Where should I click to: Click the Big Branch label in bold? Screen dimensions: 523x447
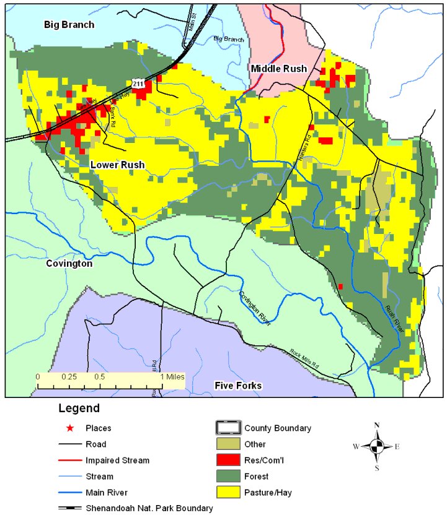[x=69, y=25]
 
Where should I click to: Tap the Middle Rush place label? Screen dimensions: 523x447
[x=278, y=68]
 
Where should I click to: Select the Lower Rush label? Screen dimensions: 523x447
[x=117, y=165]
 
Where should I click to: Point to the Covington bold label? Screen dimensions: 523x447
[x=69, y=264]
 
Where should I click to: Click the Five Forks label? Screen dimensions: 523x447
[x=238, y=386]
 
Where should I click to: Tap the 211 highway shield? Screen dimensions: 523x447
[x=138, y=82]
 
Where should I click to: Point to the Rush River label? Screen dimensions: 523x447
[x=394, y=319]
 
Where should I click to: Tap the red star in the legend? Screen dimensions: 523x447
[x=70, y=428]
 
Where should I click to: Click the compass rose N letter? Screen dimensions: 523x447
[x=376, y=425]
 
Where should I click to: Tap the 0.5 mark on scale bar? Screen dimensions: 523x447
[x=99, y=376]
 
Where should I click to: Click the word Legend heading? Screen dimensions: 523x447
[x=79, y=408]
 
